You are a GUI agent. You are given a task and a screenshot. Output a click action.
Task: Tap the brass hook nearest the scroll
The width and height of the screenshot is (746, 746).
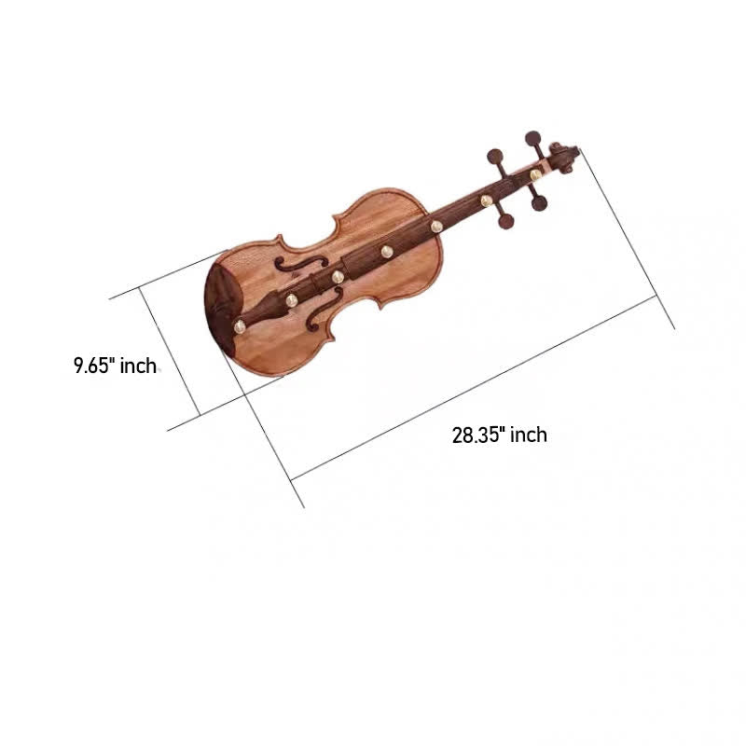click(x=535, y=174)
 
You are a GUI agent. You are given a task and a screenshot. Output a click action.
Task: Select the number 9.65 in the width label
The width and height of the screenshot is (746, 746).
click(x=95, y=366)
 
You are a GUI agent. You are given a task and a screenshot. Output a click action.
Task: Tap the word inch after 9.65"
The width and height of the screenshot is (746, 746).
click(x=139, y=366)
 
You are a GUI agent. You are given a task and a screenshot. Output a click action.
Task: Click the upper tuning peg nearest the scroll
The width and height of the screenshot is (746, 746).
click(x=532, y=140)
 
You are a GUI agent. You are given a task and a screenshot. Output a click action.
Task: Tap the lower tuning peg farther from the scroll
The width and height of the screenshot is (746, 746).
click(x=504, y=223)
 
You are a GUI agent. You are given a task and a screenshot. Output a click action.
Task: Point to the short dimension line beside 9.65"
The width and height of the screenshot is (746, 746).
click(x=170, y=352)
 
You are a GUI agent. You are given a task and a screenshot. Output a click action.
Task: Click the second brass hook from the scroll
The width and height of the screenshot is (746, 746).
click(x=486, y=200)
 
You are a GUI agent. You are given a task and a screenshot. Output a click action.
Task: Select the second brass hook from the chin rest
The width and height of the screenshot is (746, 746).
click(x=291, y=299)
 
